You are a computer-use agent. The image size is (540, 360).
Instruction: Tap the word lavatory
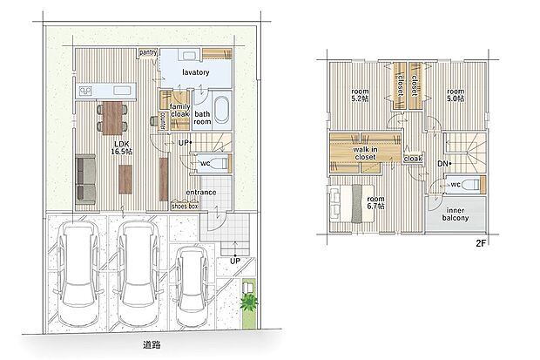tap(198, 75)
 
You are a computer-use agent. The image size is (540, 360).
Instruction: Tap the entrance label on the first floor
tap(202, 193)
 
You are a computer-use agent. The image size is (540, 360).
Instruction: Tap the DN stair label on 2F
tap(442, 163)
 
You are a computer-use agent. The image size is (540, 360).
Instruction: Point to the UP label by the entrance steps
tap(234, 261)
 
